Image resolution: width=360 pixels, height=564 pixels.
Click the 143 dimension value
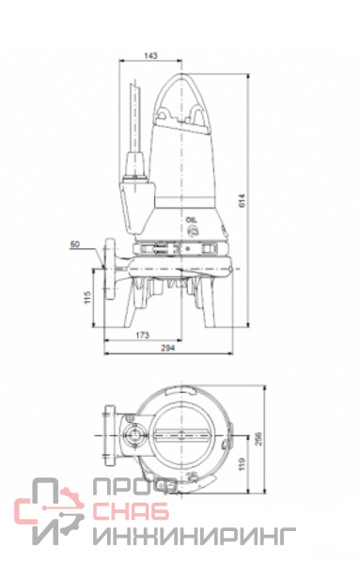(151, 55)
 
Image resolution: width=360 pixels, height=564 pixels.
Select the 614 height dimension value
(243, 201)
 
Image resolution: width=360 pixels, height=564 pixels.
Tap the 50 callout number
(75, 244)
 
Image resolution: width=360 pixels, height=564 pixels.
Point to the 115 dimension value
(88, 297)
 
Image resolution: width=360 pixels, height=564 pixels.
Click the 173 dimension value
(143, 336)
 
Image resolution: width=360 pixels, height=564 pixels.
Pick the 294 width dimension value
(168, 348)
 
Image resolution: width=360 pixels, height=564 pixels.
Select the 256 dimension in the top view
(258, 439)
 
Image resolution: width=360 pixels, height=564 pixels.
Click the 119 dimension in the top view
(242, 464)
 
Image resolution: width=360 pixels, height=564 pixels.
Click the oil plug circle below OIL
(193, 230)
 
